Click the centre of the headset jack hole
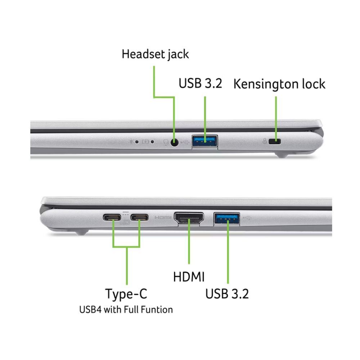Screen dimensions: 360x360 click(175, 143)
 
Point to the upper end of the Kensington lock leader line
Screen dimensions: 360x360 click(276, 96)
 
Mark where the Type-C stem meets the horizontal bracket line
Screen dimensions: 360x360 click(127, 247)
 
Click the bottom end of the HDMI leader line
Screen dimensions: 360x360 click(189, 264)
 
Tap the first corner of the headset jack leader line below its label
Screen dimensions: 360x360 click(154, 97)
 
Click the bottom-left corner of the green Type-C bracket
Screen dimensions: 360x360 click(113, 247)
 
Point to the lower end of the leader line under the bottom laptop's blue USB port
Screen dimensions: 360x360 click(228, 283)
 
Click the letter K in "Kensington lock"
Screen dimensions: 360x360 click(238, 84)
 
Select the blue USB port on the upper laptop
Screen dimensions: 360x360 click(205, 141)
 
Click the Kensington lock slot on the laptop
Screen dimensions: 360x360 click(275, 141)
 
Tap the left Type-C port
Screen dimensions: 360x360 click(112, 217)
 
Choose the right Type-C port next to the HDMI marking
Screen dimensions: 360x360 click(139, 217)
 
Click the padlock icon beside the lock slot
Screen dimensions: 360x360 click(265, 141)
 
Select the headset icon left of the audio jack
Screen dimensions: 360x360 click(166, 143)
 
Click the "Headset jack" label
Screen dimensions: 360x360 click(155, 54)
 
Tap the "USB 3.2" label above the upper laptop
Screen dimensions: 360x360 click(201, 84)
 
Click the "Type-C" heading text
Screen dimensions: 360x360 click(126, 294)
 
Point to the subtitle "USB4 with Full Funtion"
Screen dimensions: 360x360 click(126, 310)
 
